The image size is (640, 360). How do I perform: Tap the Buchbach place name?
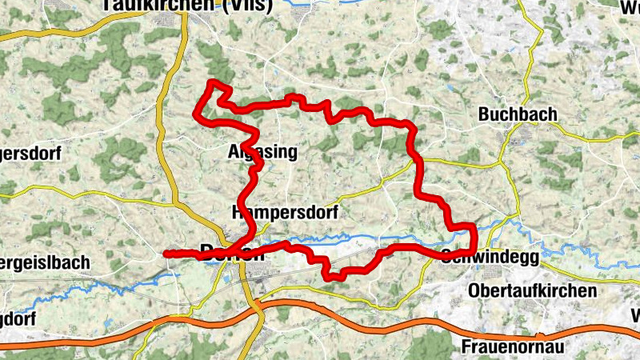(518, 114)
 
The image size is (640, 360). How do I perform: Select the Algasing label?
(262, 152)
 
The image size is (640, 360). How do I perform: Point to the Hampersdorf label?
(285, 213)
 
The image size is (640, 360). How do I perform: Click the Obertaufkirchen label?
(534, 290)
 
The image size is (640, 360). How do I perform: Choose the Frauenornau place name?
(513, 347)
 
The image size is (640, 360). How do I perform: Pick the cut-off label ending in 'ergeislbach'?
(43, 263)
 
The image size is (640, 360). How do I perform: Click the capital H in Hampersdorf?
(237, 213)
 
